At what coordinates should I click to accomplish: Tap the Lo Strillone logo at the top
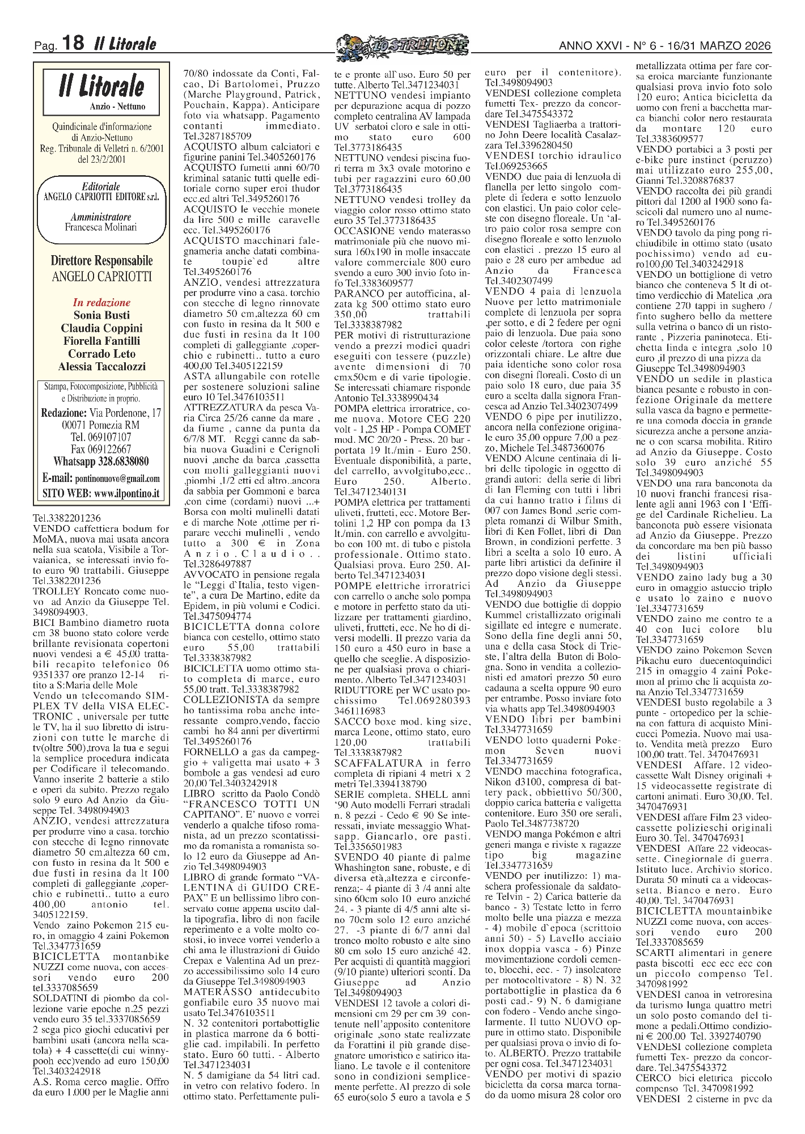[402, 44]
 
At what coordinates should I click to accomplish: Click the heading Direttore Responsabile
[101, 261]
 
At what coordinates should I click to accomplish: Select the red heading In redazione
[101, 303]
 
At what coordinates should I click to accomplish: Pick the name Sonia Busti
[101, 315]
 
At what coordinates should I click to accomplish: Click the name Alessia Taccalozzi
[101, 367]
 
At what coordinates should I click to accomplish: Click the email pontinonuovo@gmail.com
[117, 478]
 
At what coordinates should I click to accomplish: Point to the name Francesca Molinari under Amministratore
[101, 228]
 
